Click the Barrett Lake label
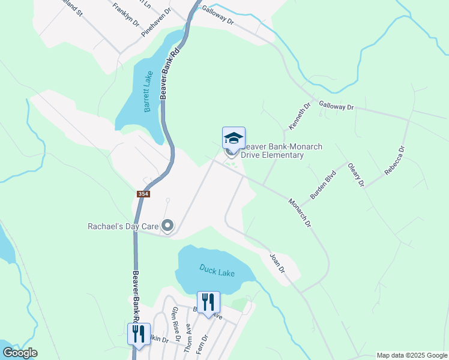coord(148,92)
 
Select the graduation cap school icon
coord(234,139)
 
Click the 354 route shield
coord(143,194)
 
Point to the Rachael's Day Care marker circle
coord(167,226)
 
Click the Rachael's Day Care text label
coord(123,226)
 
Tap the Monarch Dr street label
coord(300,213)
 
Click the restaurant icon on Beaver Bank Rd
coord(139,334)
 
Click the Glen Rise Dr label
coord(176,324)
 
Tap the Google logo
coord(20,353)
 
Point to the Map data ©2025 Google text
coord(412,355)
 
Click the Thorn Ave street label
coord(188,338)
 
